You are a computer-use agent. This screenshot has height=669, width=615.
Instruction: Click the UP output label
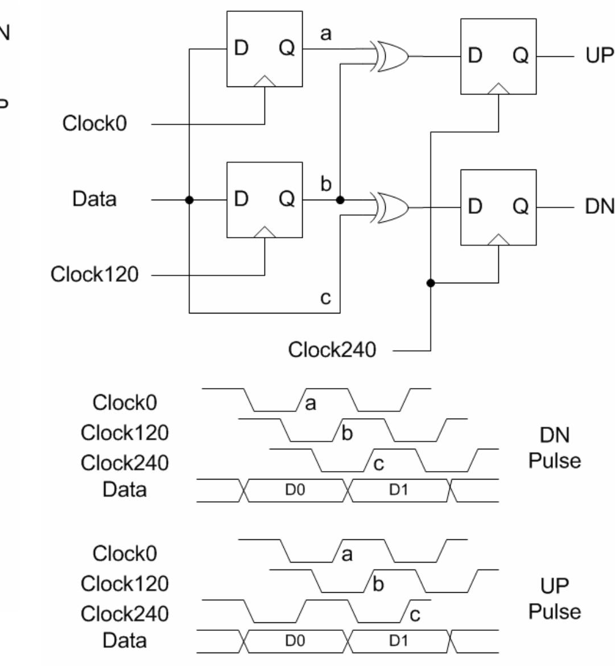pyautogui.click(x=599, y=56)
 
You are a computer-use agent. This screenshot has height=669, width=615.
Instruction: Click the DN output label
pyautogui.click(x=599, y=207)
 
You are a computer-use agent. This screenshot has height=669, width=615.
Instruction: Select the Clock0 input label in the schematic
pyautogui.click(x=94, y=123)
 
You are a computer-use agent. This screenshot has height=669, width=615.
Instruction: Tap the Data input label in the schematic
pyautogui.click(x=94, y=199)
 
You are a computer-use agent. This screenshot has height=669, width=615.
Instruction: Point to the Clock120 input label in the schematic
pyautogui.click(x=94, y=275)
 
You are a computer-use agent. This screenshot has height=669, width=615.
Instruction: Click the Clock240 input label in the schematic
pyautogui.click(x=332, y=350)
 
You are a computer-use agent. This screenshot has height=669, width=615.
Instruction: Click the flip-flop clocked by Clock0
pyautogui.click(x=265, y=49)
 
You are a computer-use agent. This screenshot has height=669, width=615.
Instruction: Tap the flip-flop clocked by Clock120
pyautogui.click(x=265, y=200)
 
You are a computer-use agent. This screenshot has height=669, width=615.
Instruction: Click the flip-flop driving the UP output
pyautogui.click(x=498, y=56)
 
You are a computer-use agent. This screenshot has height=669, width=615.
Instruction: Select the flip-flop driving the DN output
pyautogui.click(x=498, y=207)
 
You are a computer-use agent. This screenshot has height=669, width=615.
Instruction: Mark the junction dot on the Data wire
pyautogui.click(x=189, y=200)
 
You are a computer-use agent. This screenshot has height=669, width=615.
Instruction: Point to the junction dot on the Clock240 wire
pyautogui.click(x=431, y=283)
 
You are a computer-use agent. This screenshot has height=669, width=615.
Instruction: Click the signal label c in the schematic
pyautogui.click(x=325, y=298)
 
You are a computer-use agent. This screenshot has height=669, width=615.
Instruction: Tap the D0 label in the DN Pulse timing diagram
pyautogui.click(x=294, y=490)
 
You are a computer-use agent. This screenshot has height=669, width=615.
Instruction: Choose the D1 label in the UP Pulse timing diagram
pyautogui.click(x=399, y=641)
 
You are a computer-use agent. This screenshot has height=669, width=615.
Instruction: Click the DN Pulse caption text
pyautogui.click(x=554, y=448)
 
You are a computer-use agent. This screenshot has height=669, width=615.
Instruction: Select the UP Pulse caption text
pyautogui.click(x=554, y=598)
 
